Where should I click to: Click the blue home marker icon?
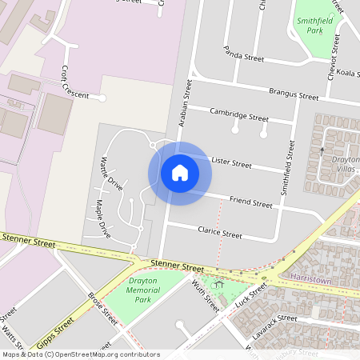(180, 173)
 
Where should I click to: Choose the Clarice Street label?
(219, 232)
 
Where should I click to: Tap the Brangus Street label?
(294, 94)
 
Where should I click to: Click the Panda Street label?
(244, 54)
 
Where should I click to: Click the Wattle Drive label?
(110, 174)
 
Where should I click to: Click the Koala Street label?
(346, 73)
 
